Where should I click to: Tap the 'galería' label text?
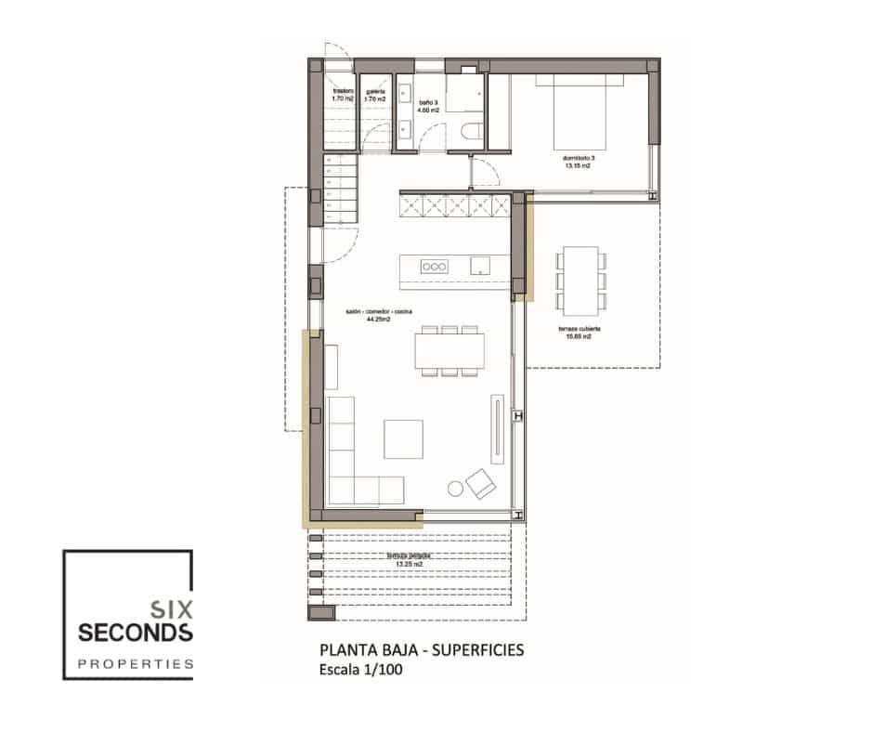[375, 91]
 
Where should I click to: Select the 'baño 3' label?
[427, 104]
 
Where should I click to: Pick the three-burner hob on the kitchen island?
[433, 266]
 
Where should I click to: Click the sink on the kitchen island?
[480, 266]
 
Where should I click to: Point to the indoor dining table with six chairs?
[450, 351]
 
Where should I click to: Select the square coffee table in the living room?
[404, 438]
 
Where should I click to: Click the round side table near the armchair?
[455, 488]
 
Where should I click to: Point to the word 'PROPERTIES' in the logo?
[136, 664]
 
